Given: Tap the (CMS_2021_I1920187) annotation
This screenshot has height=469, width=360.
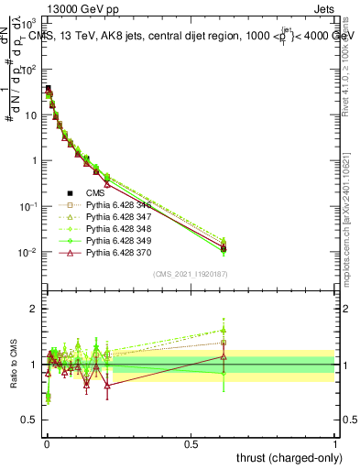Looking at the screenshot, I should coord(191,274).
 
